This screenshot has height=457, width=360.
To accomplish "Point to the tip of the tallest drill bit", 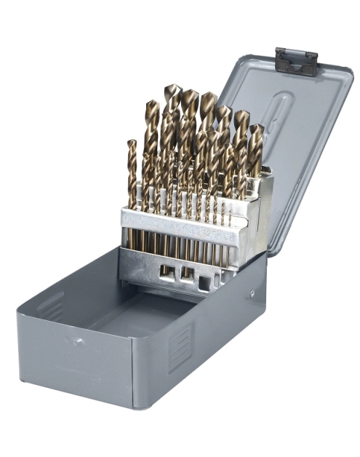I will tap(172, 90).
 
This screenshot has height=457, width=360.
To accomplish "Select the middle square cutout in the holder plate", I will tap(188, 274).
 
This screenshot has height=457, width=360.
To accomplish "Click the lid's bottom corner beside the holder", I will tap(269, 251).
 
